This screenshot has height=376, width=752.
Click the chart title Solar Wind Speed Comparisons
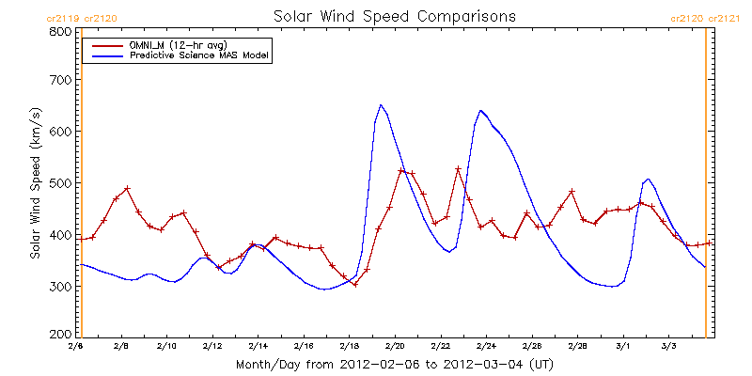pos(394,16)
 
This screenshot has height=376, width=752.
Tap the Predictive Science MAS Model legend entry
pos(179,56)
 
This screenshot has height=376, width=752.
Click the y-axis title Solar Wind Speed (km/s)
pos(36,183)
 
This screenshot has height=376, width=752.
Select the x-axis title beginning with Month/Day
pos(394,365)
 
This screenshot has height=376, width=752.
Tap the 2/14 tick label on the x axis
pos(258,346)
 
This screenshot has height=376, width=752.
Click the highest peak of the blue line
pos(381,104)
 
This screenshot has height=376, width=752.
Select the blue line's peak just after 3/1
pos(648,179)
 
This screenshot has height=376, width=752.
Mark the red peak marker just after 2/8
pos(127,188)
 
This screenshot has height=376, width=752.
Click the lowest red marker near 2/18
pos(355,285)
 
